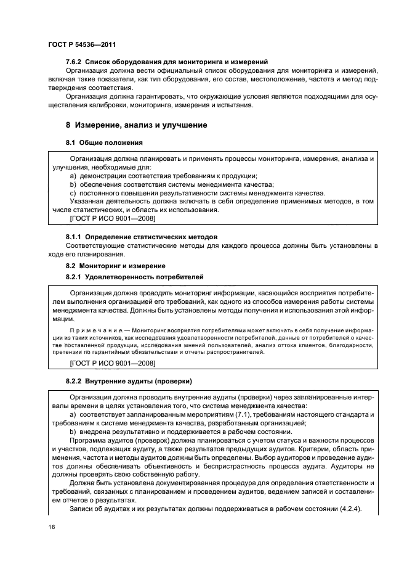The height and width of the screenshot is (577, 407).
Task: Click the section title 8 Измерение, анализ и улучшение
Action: (x=136, y=125)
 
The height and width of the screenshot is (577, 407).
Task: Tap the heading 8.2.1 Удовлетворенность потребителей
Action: (x=134, y=277)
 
